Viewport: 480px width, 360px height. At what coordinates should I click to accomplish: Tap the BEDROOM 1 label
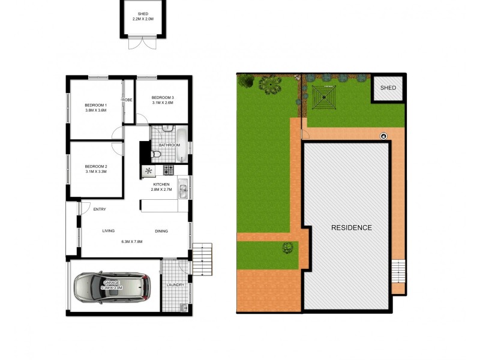pos(96,106)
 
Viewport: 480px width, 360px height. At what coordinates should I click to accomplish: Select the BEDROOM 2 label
pos(96,166)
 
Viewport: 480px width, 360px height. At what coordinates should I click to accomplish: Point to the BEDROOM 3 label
pos(163,98)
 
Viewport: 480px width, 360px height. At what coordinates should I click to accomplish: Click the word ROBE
pos(128,100)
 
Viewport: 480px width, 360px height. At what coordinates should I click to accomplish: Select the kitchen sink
pos(183,190)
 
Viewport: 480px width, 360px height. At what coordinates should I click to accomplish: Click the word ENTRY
pos(100,209)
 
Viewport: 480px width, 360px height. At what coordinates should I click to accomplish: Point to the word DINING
pos(162,231)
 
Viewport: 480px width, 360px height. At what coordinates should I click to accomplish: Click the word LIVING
pos(109,231)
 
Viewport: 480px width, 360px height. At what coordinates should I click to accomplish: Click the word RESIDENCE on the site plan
pos(352,228)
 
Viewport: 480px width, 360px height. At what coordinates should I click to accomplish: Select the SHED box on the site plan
pos(388,89)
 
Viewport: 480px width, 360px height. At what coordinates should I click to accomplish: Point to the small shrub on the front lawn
pos(288,247)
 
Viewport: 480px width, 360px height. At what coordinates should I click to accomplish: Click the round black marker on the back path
pos(383,136)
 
